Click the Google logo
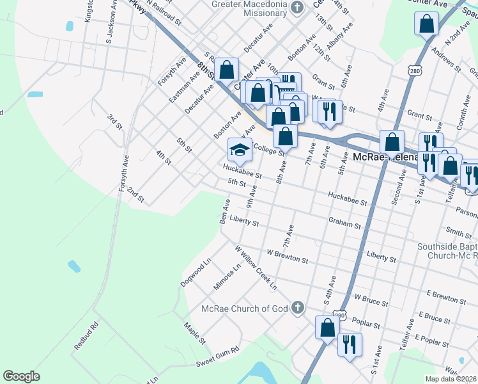tap(21, 376)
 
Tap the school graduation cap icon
tap(239, 150)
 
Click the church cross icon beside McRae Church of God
tap(297, 308)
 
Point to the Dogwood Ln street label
tap(196, 273)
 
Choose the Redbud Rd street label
tap(86, 335)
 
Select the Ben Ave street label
tap(224, 211)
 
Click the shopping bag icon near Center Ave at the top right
tap(426, 25)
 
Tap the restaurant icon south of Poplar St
tap(349, 345)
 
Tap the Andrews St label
tap(446, 60)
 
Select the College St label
tap(268, 150)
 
